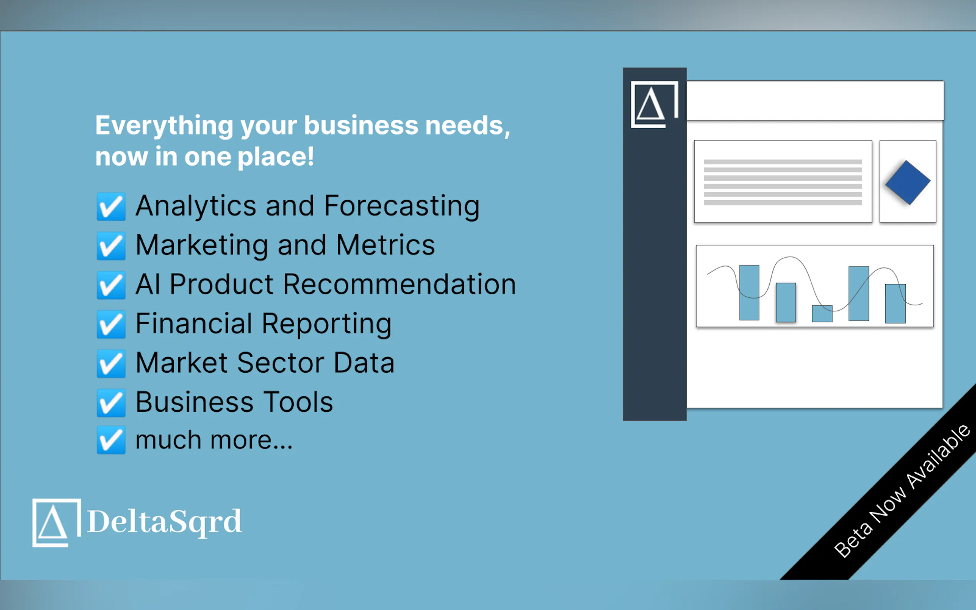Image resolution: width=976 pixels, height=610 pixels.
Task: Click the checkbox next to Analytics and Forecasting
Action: tap(111, 207)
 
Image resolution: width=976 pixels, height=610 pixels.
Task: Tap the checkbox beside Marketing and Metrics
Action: tap(111, 246)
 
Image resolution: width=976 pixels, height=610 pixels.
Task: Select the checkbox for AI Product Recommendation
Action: tap(111, 285)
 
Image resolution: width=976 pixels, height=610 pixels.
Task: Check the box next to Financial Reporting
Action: tap(111, 324)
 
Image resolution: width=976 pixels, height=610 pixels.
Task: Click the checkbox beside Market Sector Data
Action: tap(111, 363)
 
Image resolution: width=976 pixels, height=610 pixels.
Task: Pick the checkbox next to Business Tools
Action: tap(111, 402)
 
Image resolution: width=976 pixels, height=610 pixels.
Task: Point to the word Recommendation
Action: tap(400, 284)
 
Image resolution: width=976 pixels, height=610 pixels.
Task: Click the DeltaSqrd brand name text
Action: tap(164, 522)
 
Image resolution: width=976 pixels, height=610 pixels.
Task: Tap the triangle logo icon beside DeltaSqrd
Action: tap(56, 523)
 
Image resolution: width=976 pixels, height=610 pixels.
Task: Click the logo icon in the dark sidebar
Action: tap(654, 104)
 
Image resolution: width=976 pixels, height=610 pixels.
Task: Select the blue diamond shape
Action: tap(908, 183)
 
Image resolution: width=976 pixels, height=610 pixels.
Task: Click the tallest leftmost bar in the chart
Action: tap(749, 292)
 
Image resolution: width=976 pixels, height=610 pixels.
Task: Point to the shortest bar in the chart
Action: tap(822, 313)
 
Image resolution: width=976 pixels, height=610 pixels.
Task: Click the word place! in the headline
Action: tap(276, 158)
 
